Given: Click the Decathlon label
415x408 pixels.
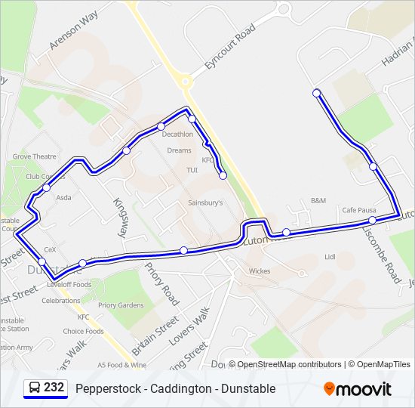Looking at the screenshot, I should point(178,134).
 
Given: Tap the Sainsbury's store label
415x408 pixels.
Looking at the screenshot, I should point(205,202).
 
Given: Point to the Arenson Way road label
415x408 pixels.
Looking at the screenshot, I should point(74,31).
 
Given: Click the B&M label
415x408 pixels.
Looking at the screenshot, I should point(318,200).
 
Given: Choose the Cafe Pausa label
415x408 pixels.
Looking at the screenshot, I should point(359,210).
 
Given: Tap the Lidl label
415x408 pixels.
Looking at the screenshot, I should point(329,257).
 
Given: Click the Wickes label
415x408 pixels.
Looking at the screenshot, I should point(259,270).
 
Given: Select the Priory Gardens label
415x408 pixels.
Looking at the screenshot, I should point(121,305).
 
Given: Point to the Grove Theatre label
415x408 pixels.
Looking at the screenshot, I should point(34,156).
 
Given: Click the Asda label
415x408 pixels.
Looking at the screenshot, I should point(63,197).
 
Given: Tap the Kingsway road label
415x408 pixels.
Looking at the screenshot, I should point(120,218).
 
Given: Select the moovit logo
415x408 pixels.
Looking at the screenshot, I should point(358,389).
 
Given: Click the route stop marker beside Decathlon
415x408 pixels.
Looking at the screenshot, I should point(161,126).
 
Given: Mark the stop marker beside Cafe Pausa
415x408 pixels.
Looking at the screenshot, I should point(373,220).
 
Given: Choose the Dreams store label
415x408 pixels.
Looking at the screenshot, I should point(180,150).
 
